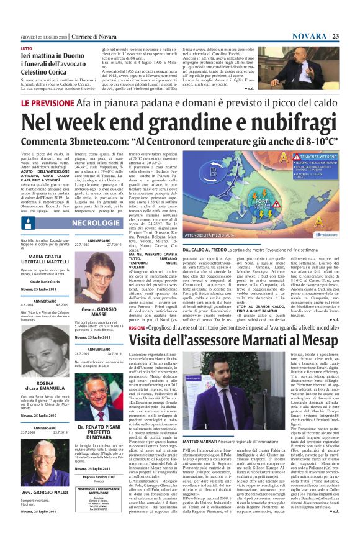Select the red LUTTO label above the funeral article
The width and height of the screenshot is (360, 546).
(x=27, y=48)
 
